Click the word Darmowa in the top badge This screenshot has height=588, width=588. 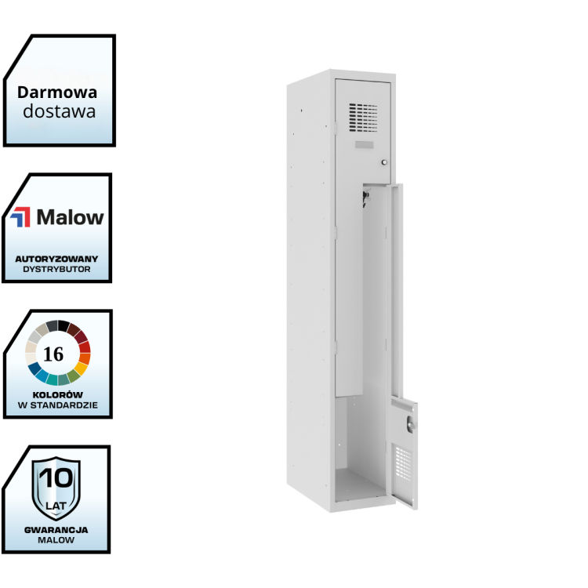[57, 92]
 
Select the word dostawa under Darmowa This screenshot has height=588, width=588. [59, 111]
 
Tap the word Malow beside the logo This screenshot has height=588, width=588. [70, 217]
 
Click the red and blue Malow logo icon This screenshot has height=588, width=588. [21, 217]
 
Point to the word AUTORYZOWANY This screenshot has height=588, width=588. [56, 258]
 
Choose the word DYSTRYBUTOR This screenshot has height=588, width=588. [56, 269]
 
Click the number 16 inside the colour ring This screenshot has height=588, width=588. [54, 354]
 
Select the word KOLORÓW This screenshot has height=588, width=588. [56, 394]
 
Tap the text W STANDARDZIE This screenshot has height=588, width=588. [56, 405]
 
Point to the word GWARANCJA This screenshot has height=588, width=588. [56, 529]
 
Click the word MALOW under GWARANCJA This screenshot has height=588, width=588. [56, 540]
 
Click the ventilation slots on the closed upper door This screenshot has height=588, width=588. [363, 118]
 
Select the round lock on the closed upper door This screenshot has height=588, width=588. [384, 162]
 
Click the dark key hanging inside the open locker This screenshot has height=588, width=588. [365, 199]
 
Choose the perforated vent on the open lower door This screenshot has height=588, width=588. [404, 463]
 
